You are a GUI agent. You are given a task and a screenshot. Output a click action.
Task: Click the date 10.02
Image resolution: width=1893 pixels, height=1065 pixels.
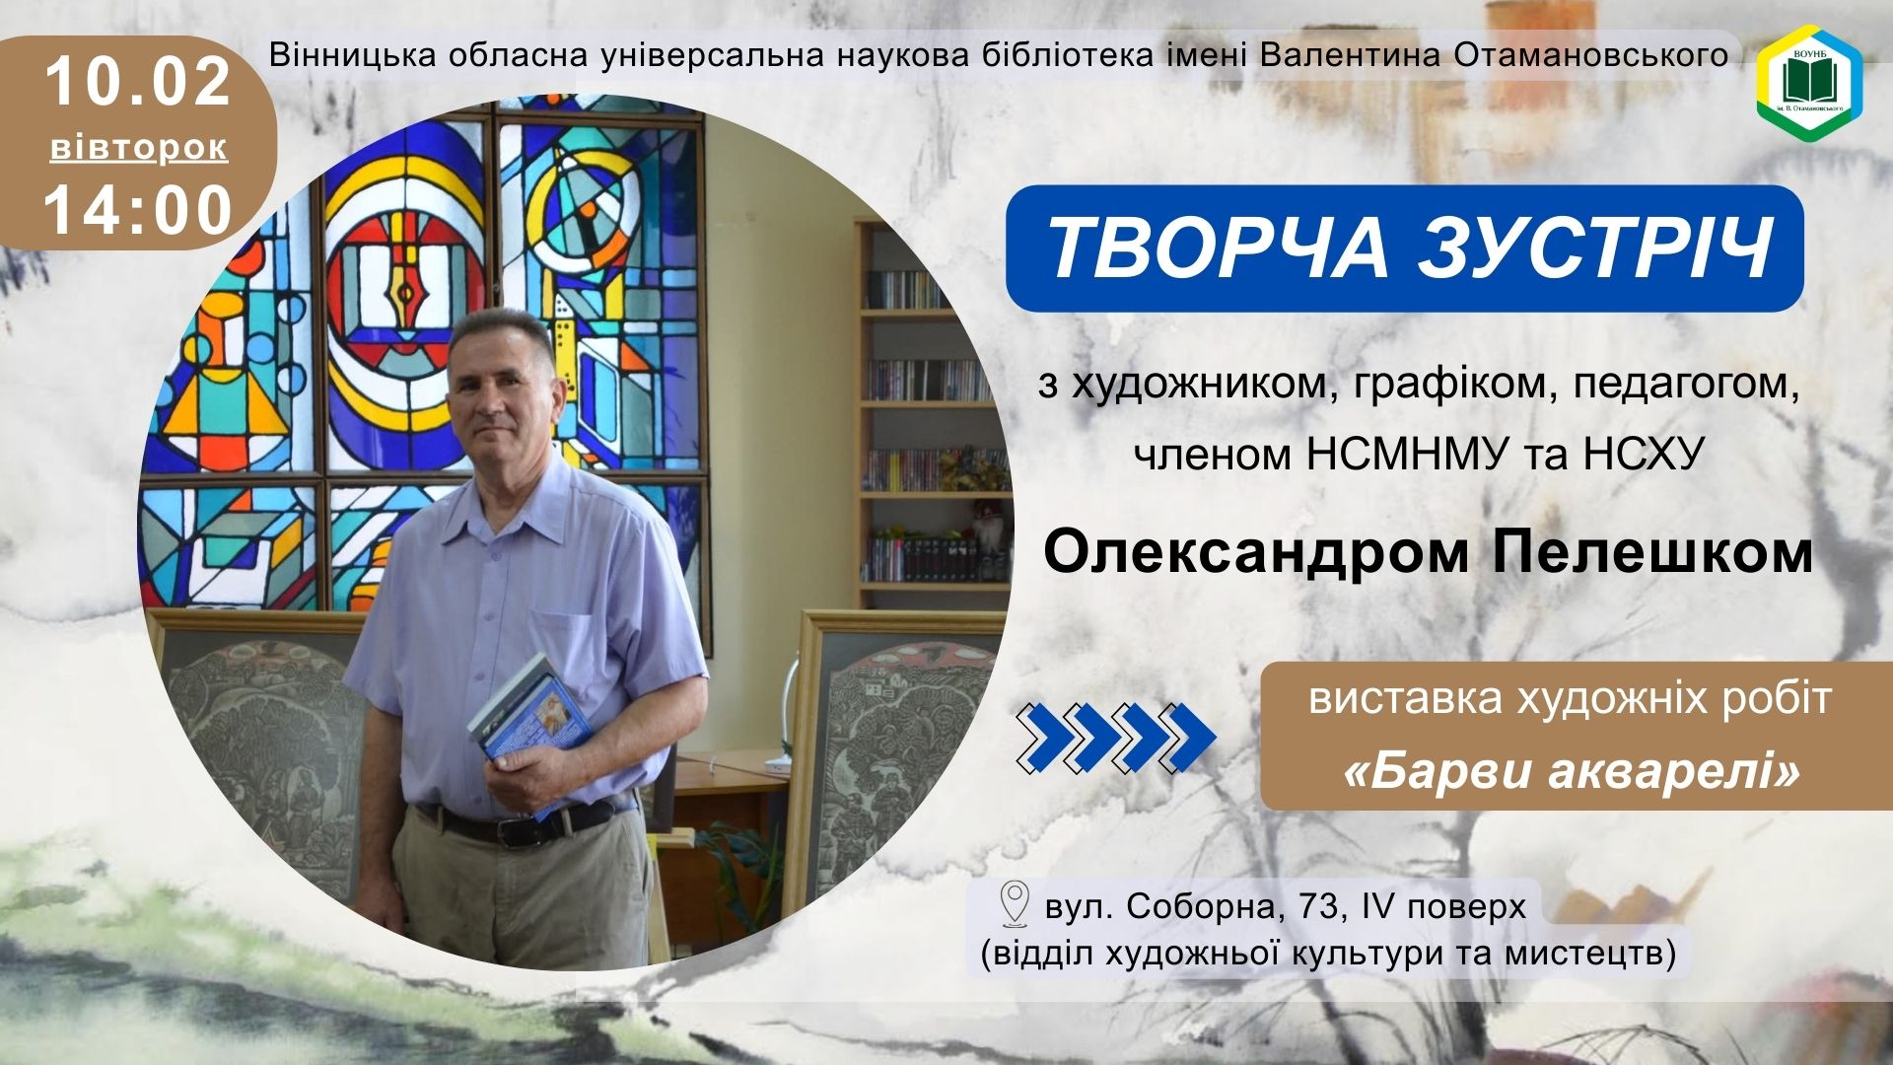(138, 81)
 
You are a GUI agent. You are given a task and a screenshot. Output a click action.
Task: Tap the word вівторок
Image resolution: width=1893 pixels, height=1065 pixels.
(139, 148)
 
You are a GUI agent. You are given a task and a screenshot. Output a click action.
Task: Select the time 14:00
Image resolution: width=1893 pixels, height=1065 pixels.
(138, 210)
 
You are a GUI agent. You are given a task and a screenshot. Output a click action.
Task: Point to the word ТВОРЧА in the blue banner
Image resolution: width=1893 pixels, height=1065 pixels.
(1215, 248)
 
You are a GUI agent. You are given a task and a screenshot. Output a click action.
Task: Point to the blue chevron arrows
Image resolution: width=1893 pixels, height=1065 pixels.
(1117, 737)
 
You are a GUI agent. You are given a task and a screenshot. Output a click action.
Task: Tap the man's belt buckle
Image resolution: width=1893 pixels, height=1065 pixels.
(517, 831)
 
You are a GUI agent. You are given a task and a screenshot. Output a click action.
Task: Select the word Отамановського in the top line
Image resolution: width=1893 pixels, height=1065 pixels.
(1591, 55)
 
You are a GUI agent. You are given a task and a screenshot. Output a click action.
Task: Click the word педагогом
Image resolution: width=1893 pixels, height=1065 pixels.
(1681, 385)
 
